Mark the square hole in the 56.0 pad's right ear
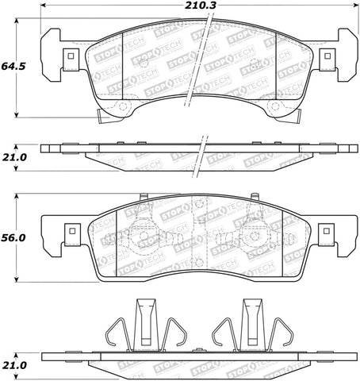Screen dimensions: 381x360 pyautogui.click(x=324, y=233)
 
